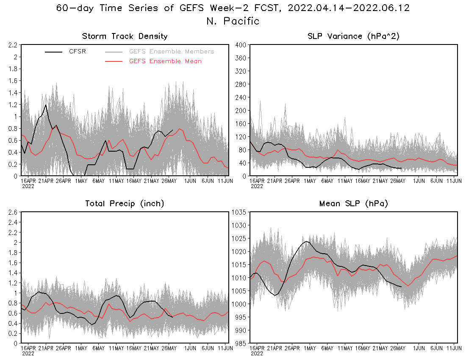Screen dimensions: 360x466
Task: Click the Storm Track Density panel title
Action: tap(125, 36)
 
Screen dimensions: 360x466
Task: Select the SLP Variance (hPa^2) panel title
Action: tap(354, 36)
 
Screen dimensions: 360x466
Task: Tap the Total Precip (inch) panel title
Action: tap(125, 204)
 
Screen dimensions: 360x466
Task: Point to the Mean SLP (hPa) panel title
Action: tap(354, 204)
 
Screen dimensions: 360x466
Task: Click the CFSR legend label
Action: tap(78, 52)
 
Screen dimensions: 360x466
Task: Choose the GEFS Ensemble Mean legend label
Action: tap(165, 61)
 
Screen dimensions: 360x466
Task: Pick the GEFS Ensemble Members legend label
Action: tap(172, 52)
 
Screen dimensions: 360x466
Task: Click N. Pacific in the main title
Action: tap(233, 21)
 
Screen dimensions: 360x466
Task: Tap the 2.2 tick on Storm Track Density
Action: tap(12, 45)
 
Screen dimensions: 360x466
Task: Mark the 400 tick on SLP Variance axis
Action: tap(241, 45)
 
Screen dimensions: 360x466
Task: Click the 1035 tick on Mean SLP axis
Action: tap(238, 212)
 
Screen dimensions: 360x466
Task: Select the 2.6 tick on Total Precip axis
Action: tap(12, 212)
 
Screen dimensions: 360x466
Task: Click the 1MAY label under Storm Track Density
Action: tap(81, 181)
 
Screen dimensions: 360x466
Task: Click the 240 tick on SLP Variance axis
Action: tap(241, 97)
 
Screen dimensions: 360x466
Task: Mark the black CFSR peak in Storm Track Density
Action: tap(45, 105)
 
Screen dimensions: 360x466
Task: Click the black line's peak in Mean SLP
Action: tap(306, 241)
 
